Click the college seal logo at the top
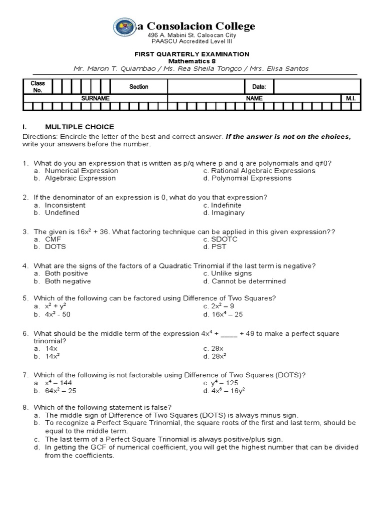coord(124,27)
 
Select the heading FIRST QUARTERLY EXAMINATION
coord(193,54)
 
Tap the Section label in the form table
coord(138,87)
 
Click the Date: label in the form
coord(259,87)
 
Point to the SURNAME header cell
coord(95,99)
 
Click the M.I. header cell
coord(349,99)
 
